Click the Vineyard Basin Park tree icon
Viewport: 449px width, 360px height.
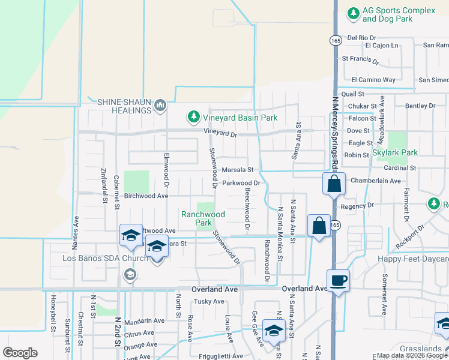click(193, 118)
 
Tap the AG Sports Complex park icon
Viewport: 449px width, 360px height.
click(354, 12)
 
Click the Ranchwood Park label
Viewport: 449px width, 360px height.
click(203, 218)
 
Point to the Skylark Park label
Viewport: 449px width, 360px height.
click(394, 152)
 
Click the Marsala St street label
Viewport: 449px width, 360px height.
click(239, 170)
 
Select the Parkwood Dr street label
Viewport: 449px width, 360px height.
click(241, 183)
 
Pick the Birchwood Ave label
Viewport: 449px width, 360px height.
click(146, 196)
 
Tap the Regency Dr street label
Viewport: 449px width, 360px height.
click(357, 206)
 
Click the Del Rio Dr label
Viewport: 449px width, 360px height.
click(361, 37)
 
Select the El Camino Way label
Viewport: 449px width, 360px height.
click(373, 79)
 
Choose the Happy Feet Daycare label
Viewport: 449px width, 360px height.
click(413, 259)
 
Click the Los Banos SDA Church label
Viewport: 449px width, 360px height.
click(105, 259)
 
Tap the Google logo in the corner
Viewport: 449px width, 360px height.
click(20, 353)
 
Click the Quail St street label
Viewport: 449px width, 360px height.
click(352, 94)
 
